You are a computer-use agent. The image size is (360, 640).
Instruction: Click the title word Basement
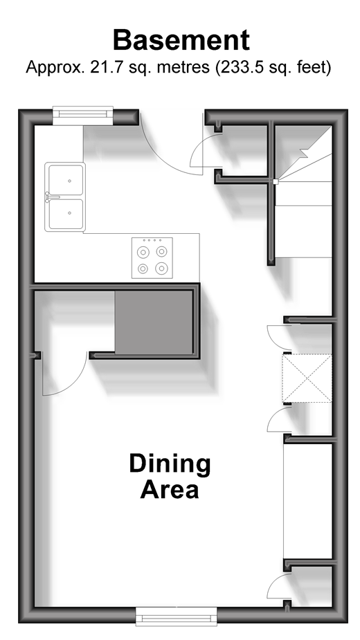pyautogui.click(x=181, y=40)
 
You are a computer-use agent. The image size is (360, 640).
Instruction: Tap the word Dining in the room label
pyautogui.click(x=170, y=464)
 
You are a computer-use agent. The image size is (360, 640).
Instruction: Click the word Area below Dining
pyautogui.click(x=170, y=490)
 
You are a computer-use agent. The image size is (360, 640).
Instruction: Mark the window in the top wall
pyautogui.click(x=83, y=116)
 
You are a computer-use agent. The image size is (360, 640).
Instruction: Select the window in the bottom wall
pyautogui.click(x=176, y=616)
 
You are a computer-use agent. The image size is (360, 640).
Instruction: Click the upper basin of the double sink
pyautogui.click(x=66, y=180)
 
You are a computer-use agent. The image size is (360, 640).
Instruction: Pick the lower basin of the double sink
pyautogui.click(x=66, y=214)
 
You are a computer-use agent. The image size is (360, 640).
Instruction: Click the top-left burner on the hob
pyautogui.click(x=143, y=253)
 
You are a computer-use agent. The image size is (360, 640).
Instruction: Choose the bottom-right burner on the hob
pyautogui.click(x=161, y=268)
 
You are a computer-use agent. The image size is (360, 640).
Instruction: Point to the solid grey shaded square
pyautogui.click(x=154, y=322)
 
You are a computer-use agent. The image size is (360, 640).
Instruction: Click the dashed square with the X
pyautogui.click(x=307, y=378)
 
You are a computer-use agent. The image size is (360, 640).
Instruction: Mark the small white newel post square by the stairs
pyautogui.click(x=276, y=181)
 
